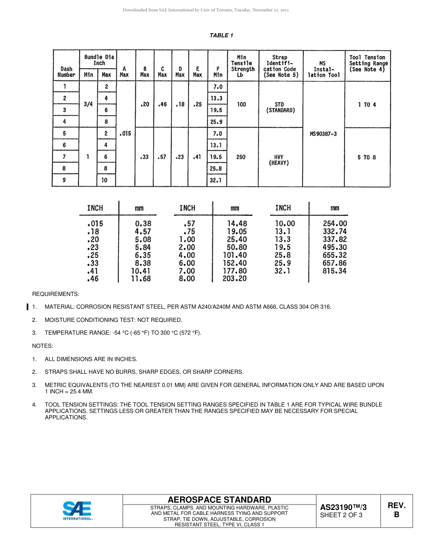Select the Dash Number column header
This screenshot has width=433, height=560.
(66, 72)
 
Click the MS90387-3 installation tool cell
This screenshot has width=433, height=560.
(323, 134)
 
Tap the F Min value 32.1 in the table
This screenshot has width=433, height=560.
(216, 180)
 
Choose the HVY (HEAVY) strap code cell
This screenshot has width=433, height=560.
(279, 160)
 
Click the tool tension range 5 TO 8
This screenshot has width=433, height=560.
(367, 157)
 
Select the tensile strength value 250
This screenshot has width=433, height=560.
(241, 157)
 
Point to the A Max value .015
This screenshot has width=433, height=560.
(124, 134)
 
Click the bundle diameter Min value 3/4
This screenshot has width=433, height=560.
(88, 104)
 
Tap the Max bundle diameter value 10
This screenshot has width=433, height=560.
(106, 180)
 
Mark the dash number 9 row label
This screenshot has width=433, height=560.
(64, 180)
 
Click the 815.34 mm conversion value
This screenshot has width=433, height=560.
(335, 271)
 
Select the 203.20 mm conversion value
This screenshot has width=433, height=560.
(235, 279)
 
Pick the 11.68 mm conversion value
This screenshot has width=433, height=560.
(141, 279)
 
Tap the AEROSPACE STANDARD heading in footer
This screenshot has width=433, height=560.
(219, 499)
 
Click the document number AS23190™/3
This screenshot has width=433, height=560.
(343, 507)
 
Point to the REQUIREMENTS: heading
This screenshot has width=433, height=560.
(56, 294)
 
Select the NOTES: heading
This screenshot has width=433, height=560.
(42, 346)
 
